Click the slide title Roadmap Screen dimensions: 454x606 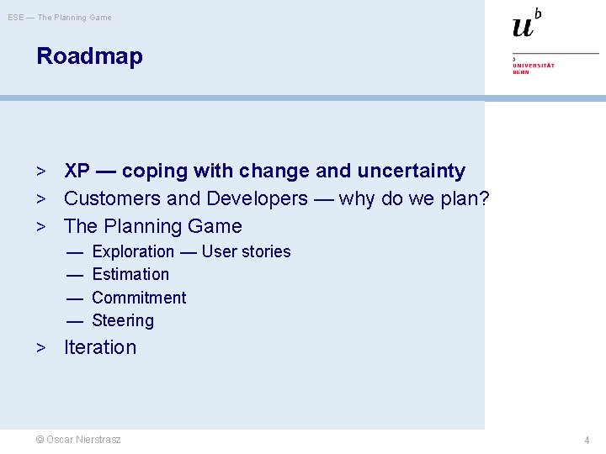(x=89, y=56)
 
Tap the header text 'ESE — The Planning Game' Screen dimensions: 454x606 (x=61, y=17)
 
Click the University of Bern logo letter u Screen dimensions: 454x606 (x=523, y=26)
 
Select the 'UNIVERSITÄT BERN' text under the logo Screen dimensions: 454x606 (x=534, y=68)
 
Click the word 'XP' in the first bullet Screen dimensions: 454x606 (x=77, y=171)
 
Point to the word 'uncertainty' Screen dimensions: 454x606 (x=411, y=171)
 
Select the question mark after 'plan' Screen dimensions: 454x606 (x=484, y=198)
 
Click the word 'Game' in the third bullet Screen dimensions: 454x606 (x=217, y=226)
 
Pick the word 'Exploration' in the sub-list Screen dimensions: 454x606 (x=133, y=251)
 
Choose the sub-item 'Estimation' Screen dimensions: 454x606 (x=130, y=274)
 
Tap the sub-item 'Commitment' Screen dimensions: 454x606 (x=139, y=298)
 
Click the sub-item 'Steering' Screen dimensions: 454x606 (x=123, y=320)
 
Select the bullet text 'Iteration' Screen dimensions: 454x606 (x=100, y=347)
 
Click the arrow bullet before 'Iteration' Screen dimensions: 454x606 (x=40, y=347)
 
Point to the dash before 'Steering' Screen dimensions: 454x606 (x=75, y=320)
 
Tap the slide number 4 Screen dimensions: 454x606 (x=587, y=441)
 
